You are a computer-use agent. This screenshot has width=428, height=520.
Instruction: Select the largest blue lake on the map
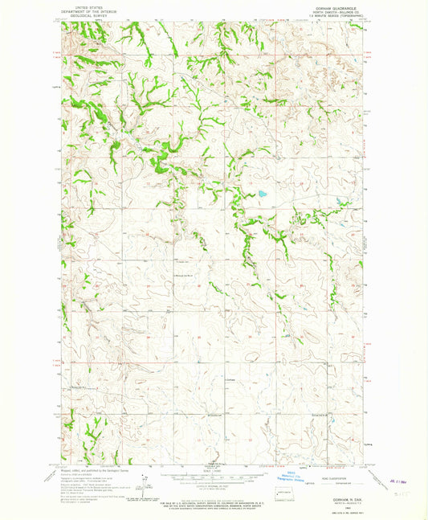point(262,194)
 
